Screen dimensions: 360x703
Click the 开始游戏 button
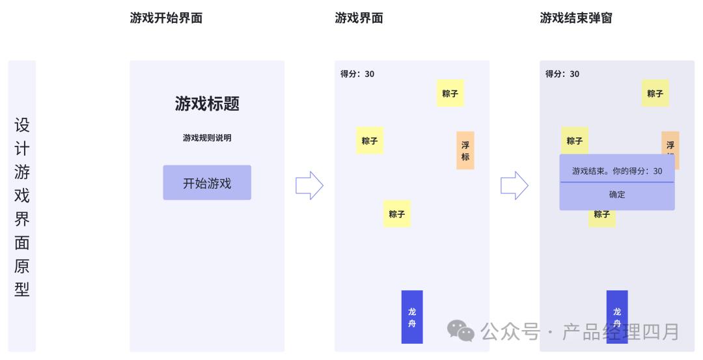207,183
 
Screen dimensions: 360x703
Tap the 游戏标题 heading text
207,104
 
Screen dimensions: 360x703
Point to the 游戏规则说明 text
207,138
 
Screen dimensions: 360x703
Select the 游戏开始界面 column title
166,18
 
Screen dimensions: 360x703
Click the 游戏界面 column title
359,18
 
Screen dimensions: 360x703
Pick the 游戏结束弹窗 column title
576,18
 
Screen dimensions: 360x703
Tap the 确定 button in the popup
616,195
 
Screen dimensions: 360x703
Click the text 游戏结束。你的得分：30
616,171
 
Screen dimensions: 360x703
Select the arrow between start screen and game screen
309,186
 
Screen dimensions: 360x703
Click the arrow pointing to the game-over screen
514,186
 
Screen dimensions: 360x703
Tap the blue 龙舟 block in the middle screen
412,317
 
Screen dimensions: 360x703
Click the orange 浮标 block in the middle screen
465,150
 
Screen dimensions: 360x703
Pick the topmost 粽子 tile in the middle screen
450,94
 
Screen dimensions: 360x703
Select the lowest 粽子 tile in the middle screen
396,214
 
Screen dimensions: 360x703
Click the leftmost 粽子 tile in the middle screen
370,141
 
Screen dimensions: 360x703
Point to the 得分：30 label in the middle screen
357,74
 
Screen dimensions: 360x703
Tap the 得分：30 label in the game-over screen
562,74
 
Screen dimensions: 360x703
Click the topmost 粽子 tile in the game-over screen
655,94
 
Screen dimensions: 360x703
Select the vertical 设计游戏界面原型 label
22,206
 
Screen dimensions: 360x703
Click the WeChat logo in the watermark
461,331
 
